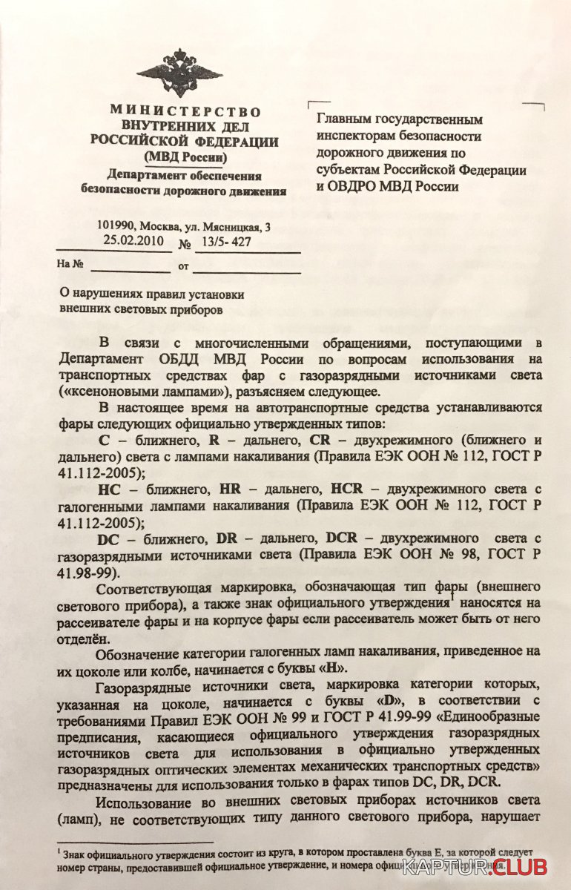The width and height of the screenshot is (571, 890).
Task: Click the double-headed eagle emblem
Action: tap(179, 72)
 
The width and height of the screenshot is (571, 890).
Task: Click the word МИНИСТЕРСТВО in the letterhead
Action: tap(185, 111)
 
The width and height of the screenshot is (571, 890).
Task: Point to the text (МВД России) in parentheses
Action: tap(185, 157)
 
